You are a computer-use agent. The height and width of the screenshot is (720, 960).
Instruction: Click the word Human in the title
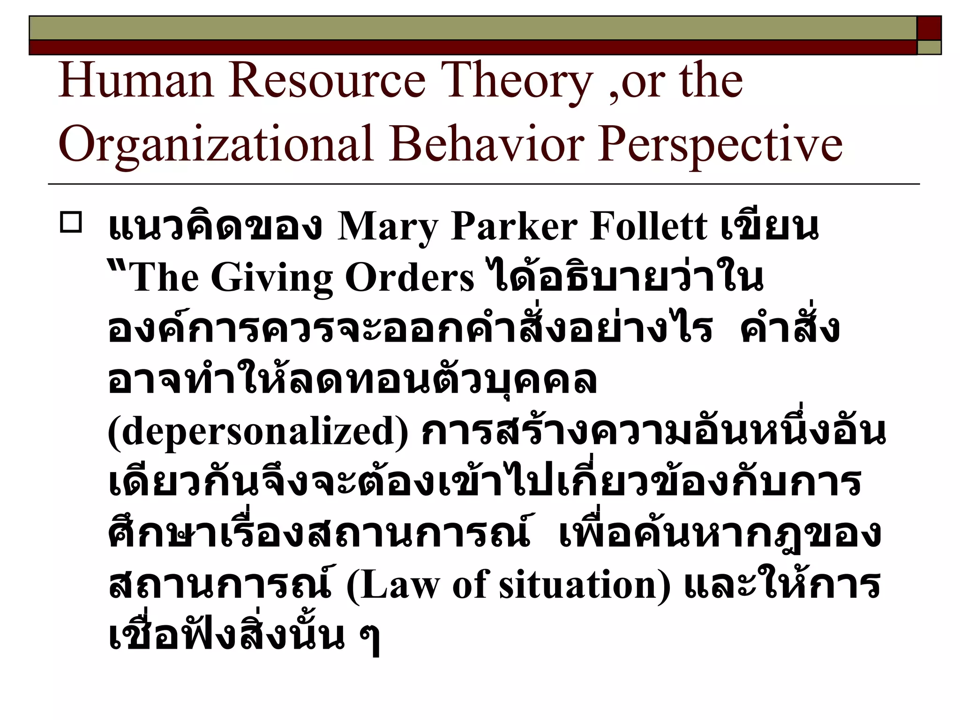(x=136, y=82)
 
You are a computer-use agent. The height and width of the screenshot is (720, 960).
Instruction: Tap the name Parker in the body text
(x=513, y=227)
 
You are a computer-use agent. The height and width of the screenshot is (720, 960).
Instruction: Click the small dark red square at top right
(x=929, y=28)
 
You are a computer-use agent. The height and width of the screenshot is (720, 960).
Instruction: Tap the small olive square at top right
(x=929, y=47)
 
